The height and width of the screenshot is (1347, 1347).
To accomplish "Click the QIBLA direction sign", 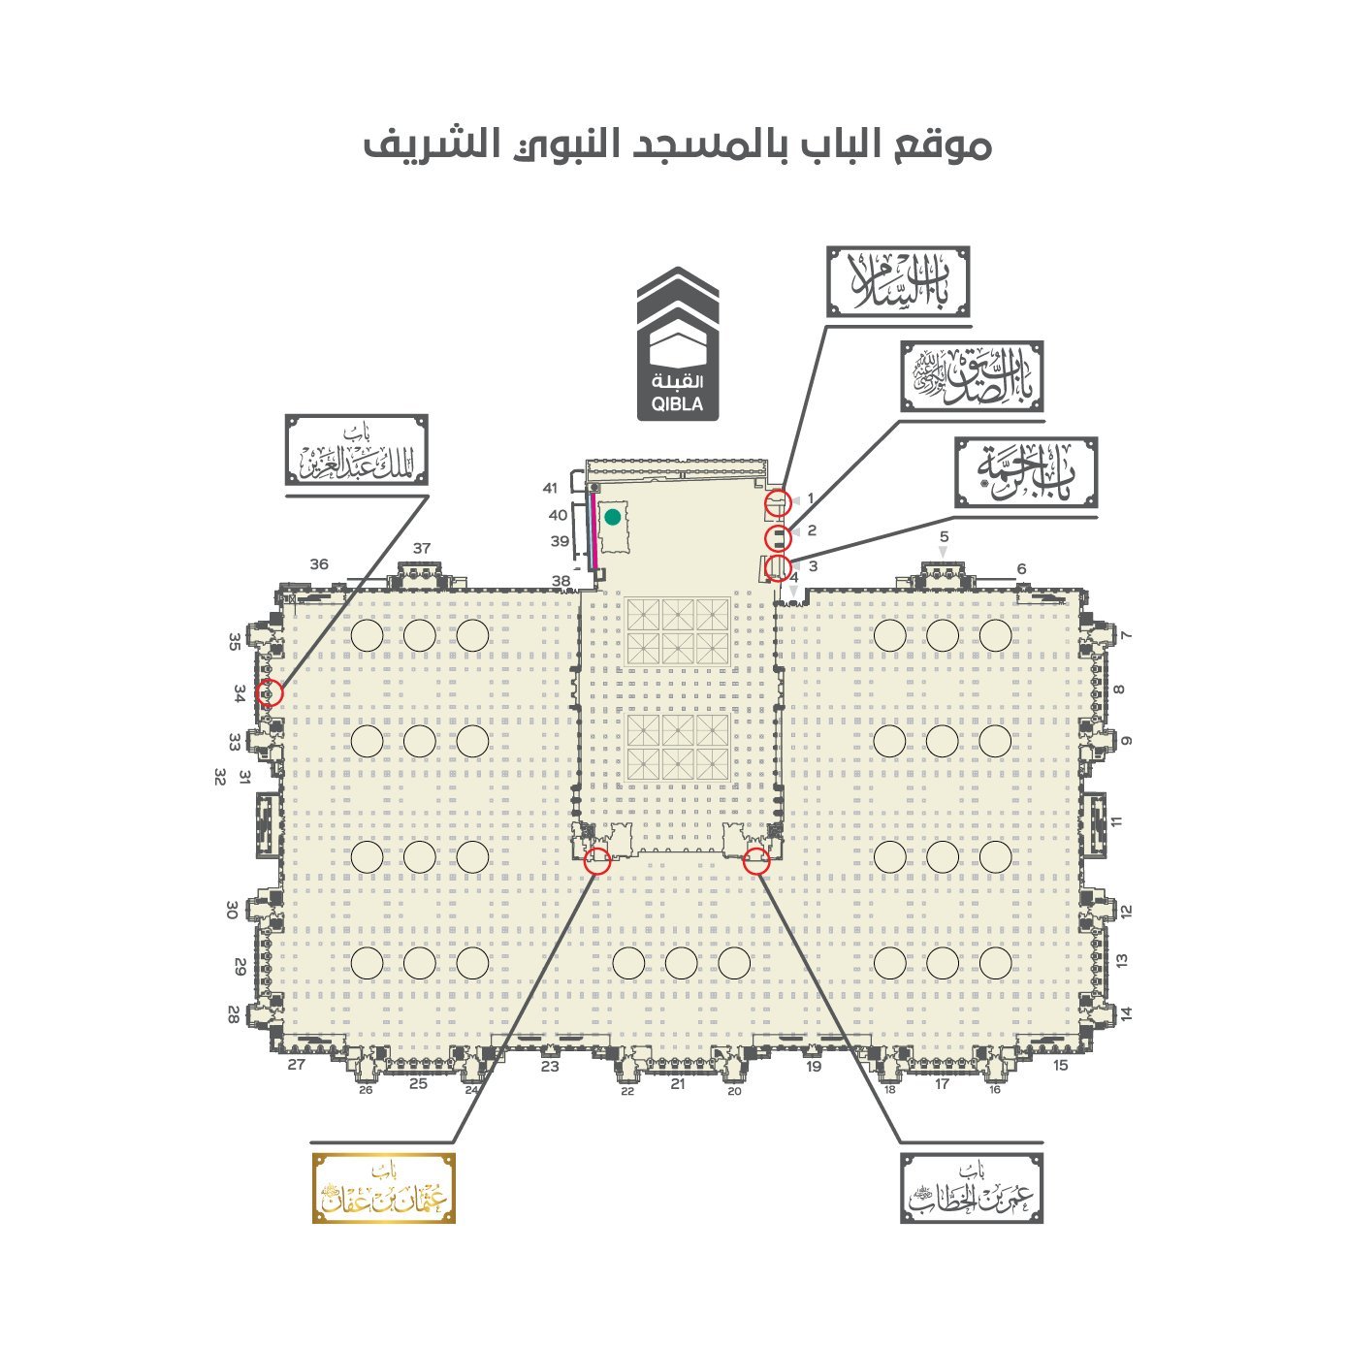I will point(677,345).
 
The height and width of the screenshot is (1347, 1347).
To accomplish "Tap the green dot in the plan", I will point(612,517).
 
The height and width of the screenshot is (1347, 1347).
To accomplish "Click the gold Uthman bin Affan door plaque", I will point(383,1188).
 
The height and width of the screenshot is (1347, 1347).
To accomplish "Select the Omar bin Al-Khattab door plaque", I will point(972,1188).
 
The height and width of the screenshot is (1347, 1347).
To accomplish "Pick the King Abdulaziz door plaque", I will point(356,450).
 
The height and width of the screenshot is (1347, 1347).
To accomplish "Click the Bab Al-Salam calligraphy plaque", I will point(898,281).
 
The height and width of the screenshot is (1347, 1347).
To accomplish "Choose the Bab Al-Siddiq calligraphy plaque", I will point(972,376).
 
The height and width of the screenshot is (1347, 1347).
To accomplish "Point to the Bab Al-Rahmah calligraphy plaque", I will point(1026,472).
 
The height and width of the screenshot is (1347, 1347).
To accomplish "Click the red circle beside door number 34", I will point(271,692).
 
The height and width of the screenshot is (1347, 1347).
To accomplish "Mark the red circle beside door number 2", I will point(778,537).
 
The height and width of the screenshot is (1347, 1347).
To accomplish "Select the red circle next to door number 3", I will point(778,568).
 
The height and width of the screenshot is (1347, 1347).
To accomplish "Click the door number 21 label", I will point(678,1084).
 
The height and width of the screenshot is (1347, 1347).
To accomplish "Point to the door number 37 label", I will point(421,548).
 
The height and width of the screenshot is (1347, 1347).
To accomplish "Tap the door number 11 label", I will point(1117,821).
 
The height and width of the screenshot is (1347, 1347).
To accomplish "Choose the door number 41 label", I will point(551,488).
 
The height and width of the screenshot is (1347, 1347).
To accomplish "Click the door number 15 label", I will point(1060,1065).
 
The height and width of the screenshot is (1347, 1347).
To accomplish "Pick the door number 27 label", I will point(297,1065).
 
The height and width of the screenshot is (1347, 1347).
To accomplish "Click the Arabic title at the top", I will point(677,145).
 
